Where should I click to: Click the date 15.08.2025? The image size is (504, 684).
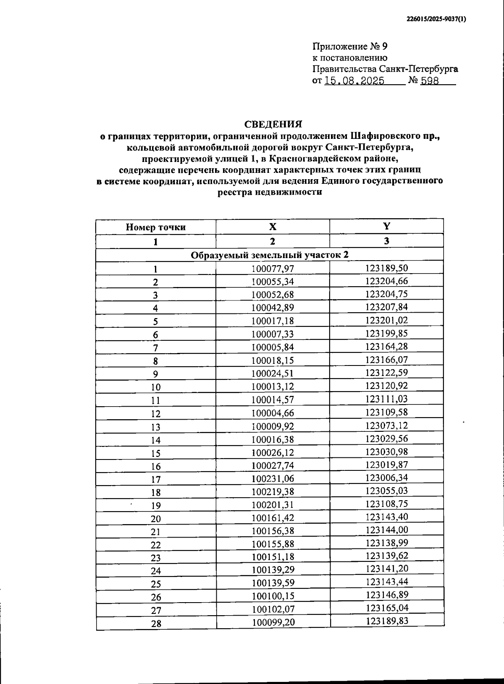pyautogui.click(x=354, y=81)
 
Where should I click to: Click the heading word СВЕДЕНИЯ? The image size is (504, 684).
pyautogui.click(x=273, y=124)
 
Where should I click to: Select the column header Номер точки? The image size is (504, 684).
pyautogui.click(x=156, y=227)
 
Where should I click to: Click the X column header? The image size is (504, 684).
pyautogui.click(x=273, y=227)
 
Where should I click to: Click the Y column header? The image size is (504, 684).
pyautogui.click(x=386, y=226)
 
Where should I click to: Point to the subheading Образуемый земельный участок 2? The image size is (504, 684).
pyautogui.click(x=270, y=255)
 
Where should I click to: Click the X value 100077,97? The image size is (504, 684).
pyautogui.click(x=273, y=268)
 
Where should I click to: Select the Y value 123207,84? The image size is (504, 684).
pyautogui.click(x=386, y=307)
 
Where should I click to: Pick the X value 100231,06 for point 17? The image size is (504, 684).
pyautogui.click(x=273, y=478)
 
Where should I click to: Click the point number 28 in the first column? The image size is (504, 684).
pyautogui.click(x=156, y=624)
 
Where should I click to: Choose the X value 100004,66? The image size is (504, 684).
pyautogui.click(x=273, y=412)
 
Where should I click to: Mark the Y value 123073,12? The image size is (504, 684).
pyautogui.click(x=386, y=425)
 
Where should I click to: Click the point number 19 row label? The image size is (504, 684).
pyautogui.click(x=156, y=506)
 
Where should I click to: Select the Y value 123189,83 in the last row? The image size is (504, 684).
pyautogui.click(x=386, y=621)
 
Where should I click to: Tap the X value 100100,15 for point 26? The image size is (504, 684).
pyautogui.click(x=273, y=596)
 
